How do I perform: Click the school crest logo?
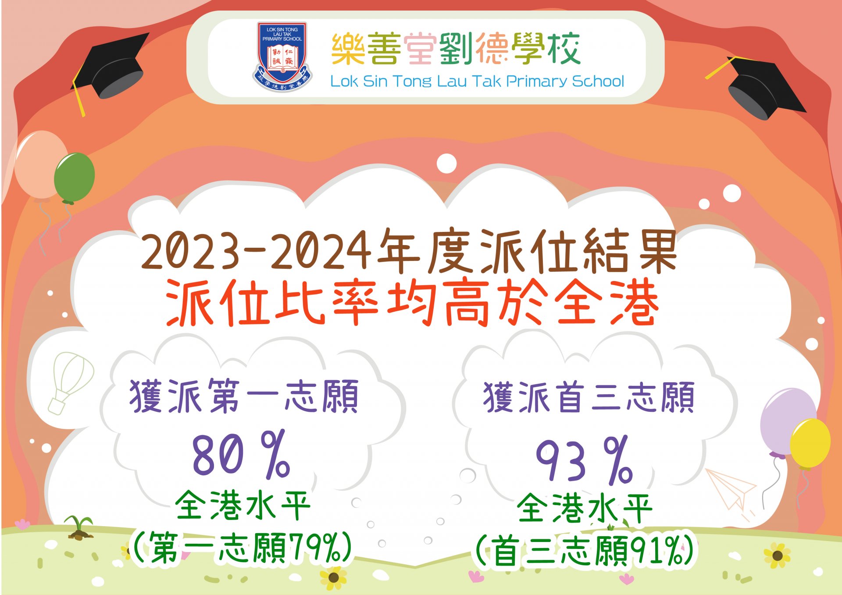tap(282, 57)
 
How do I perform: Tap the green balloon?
tap(74, 178)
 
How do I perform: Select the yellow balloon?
tap(810, 444)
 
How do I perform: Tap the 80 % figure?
tap(241, 454)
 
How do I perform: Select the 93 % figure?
tap(584, 460)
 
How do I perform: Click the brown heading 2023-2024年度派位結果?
tap(409, 249)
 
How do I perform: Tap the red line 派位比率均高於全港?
tap(412, 303)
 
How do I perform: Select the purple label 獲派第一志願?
tap(244, 396)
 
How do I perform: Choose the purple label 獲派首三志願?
tap(589, 397)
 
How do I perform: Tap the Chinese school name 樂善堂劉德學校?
tap(456, 49)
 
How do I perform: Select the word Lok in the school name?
tap(344, 82)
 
